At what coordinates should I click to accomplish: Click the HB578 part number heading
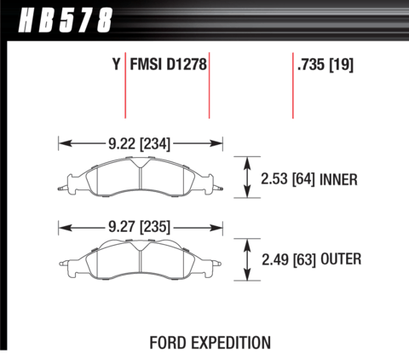coord(66,20)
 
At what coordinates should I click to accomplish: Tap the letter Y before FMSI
coord(116,64)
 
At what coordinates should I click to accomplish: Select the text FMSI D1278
coord(168,64)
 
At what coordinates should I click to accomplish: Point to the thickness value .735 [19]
coord(325,65)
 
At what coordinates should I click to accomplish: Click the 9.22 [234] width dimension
coord(139,143)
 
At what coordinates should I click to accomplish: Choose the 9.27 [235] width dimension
coord(139,227)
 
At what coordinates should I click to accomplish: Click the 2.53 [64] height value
coord(288,179)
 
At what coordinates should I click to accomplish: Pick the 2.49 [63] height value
coord(289,259)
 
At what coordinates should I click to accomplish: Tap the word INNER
coord(338,179)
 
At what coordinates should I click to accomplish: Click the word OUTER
coord(341,259)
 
